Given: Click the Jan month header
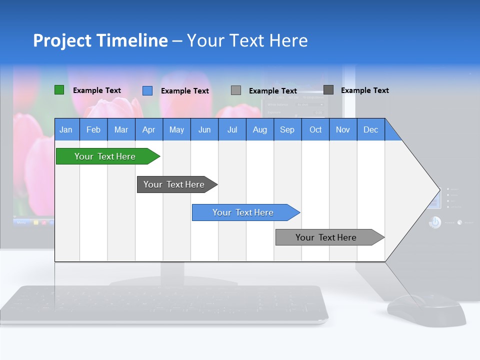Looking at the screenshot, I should [66, 129].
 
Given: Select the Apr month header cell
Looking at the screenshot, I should [148, 129].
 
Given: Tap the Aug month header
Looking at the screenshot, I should [259, 129].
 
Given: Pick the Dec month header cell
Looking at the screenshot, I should [370, 129].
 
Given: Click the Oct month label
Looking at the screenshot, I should [315, 129].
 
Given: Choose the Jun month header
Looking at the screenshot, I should [204, 129].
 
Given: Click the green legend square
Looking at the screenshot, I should [59, 90].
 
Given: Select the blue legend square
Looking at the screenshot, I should [147, 90].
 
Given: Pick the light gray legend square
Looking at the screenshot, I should [235, 90].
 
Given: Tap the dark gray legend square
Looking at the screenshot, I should [328, 89].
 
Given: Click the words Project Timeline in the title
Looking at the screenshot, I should [100, 40].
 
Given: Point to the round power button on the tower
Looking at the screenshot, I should [434, 222].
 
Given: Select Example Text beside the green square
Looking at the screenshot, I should [96, 90].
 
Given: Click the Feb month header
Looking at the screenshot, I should [93, 129].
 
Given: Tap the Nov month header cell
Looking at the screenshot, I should [342, 129].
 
